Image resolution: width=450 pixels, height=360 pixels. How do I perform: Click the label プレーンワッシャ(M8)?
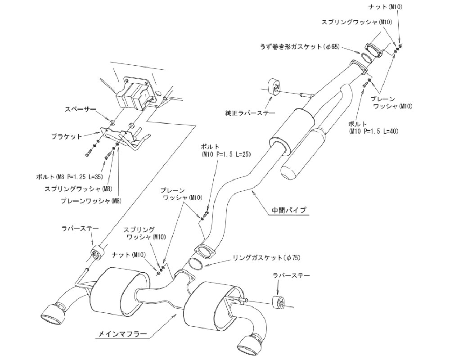(85, 201)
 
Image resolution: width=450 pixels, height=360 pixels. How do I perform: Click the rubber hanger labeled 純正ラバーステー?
(274, 86)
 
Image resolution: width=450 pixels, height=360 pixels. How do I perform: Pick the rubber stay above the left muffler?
(97, 253)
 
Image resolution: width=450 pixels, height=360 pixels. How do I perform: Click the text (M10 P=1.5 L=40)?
(374, 131)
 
